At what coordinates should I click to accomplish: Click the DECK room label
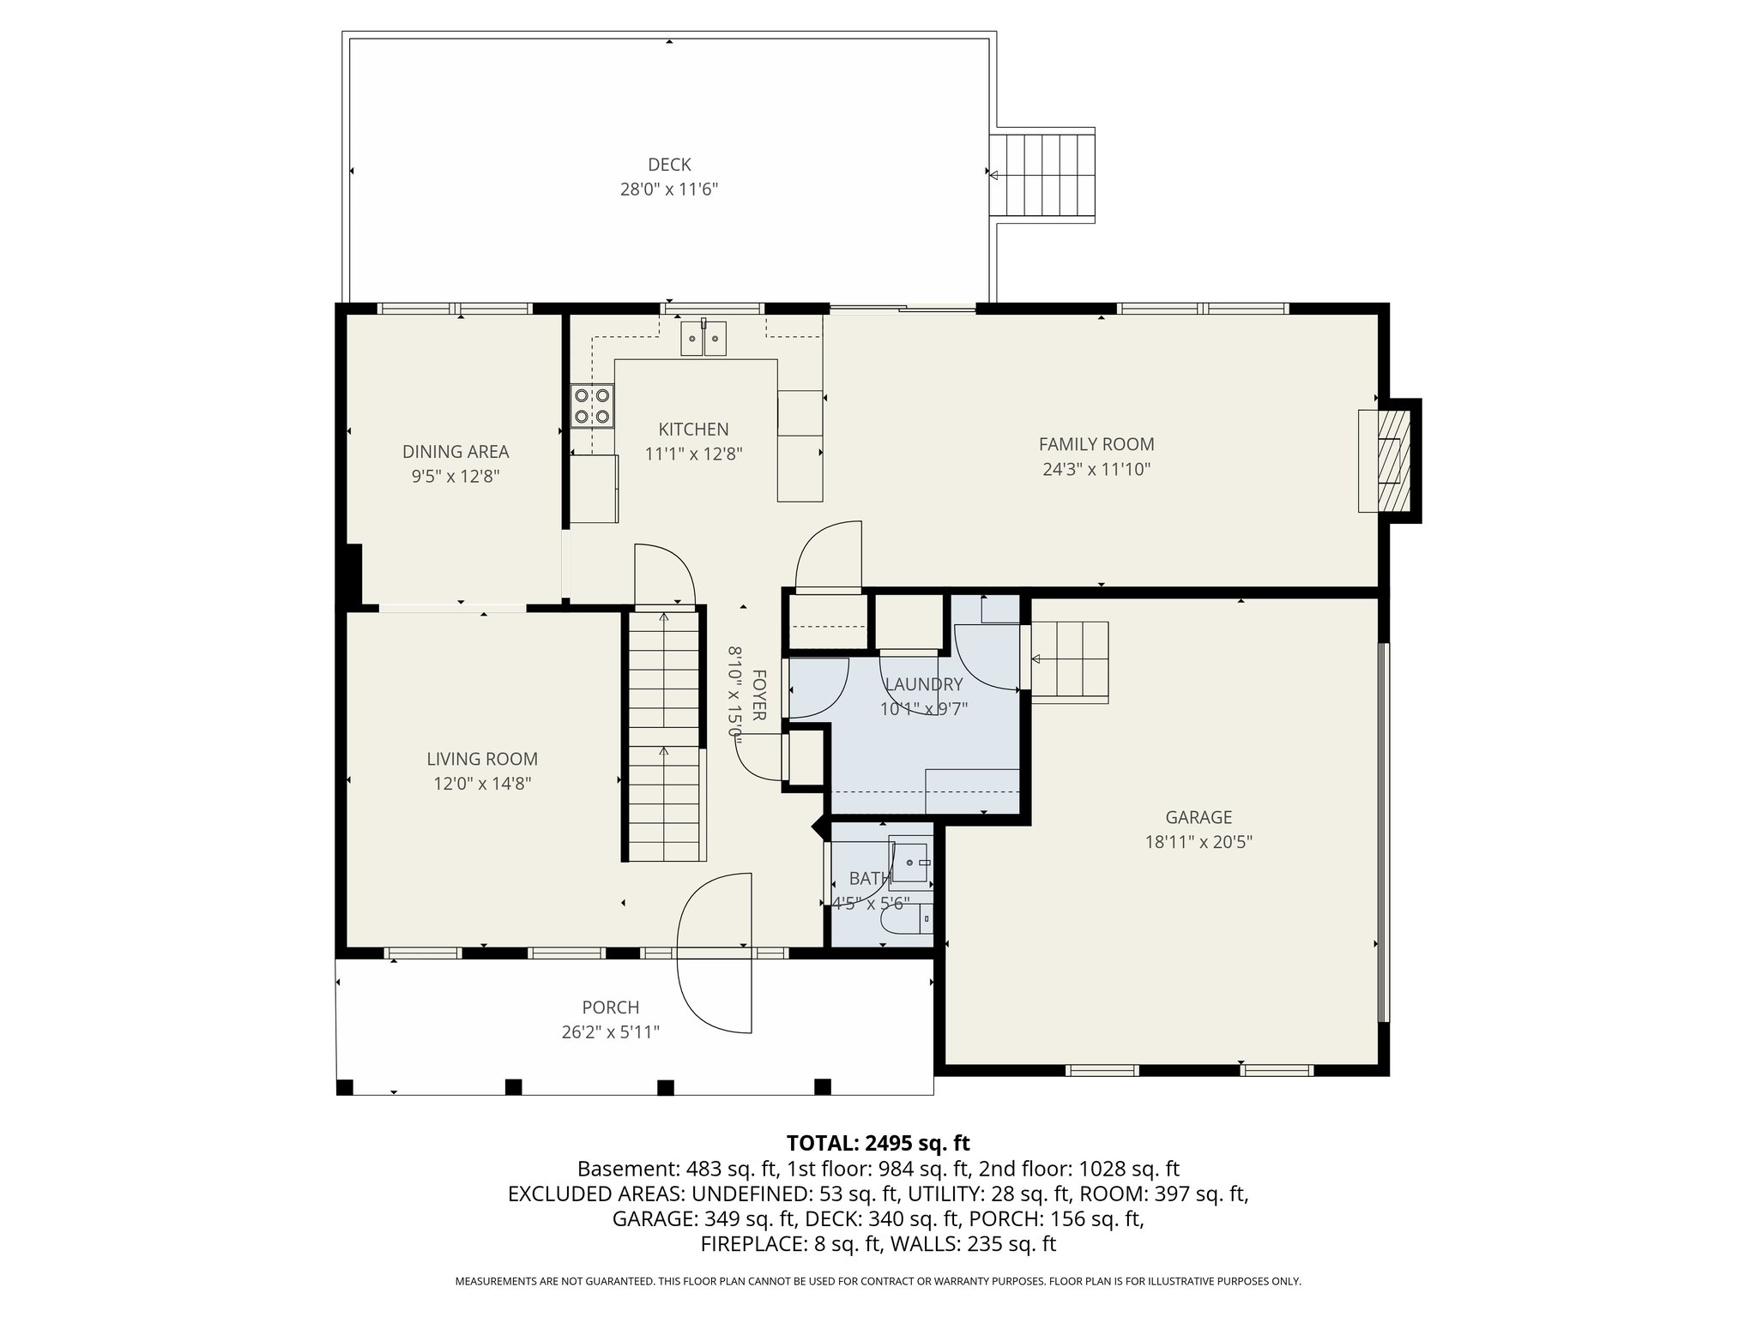[x=669, y=165]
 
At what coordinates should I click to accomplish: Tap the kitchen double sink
[x=703, y=338]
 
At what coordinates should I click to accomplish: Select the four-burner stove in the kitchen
[x=592, y=406]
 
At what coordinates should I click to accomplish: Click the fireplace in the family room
[x=1383, y=461]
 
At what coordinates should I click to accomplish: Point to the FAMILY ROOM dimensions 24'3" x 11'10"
[x=1096, y=469]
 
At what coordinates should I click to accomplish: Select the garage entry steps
[x=1070, y=660]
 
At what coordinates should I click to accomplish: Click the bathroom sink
[x=910, y=861]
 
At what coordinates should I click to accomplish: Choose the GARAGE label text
[x=1199, y=817]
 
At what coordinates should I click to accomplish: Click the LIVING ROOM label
[x=482, y=759]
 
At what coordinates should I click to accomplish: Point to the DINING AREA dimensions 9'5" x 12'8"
[x=456, y=477]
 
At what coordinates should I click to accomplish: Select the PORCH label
[x=611, y=1007]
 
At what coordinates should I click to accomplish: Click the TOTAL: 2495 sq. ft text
[x=878, y=1143]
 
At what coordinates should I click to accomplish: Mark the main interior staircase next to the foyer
[x=664, y=737]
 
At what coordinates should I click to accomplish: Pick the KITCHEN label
[x=693, y=430]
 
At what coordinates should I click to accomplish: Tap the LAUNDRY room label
[x=923, y=684]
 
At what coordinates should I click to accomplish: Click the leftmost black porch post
[x=345, y=1087]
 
